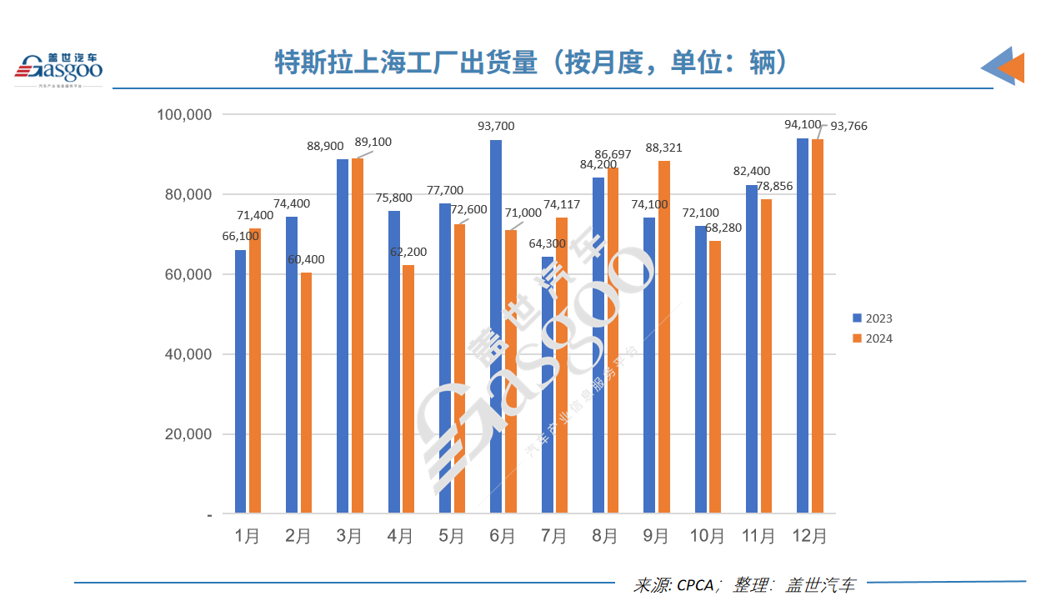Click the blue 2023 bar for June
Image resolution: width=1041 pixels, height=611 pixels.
496,326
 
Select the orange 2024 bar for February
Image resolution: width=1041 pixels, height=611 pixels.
306,393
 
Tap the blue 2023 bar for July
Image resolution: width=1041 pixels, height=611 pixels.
547,384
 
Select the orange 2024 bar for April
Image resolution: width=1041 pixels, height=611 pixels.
408,388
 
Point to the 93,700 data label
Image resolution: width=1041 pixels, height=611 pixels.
496,127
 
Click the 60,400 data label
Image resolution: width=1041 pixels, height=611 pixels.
306,260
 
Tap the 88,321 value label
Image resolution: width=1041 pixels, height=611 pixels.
664,148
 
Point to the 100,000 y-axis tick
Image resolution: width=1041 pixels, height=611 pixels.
185,114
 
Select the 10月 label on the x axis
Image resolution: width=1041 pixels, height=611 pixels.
708,537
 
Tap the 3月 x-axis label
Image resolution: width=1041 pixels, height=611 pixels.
350,537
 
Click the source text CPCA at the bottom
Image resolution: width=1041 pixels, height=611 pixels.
695,586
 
